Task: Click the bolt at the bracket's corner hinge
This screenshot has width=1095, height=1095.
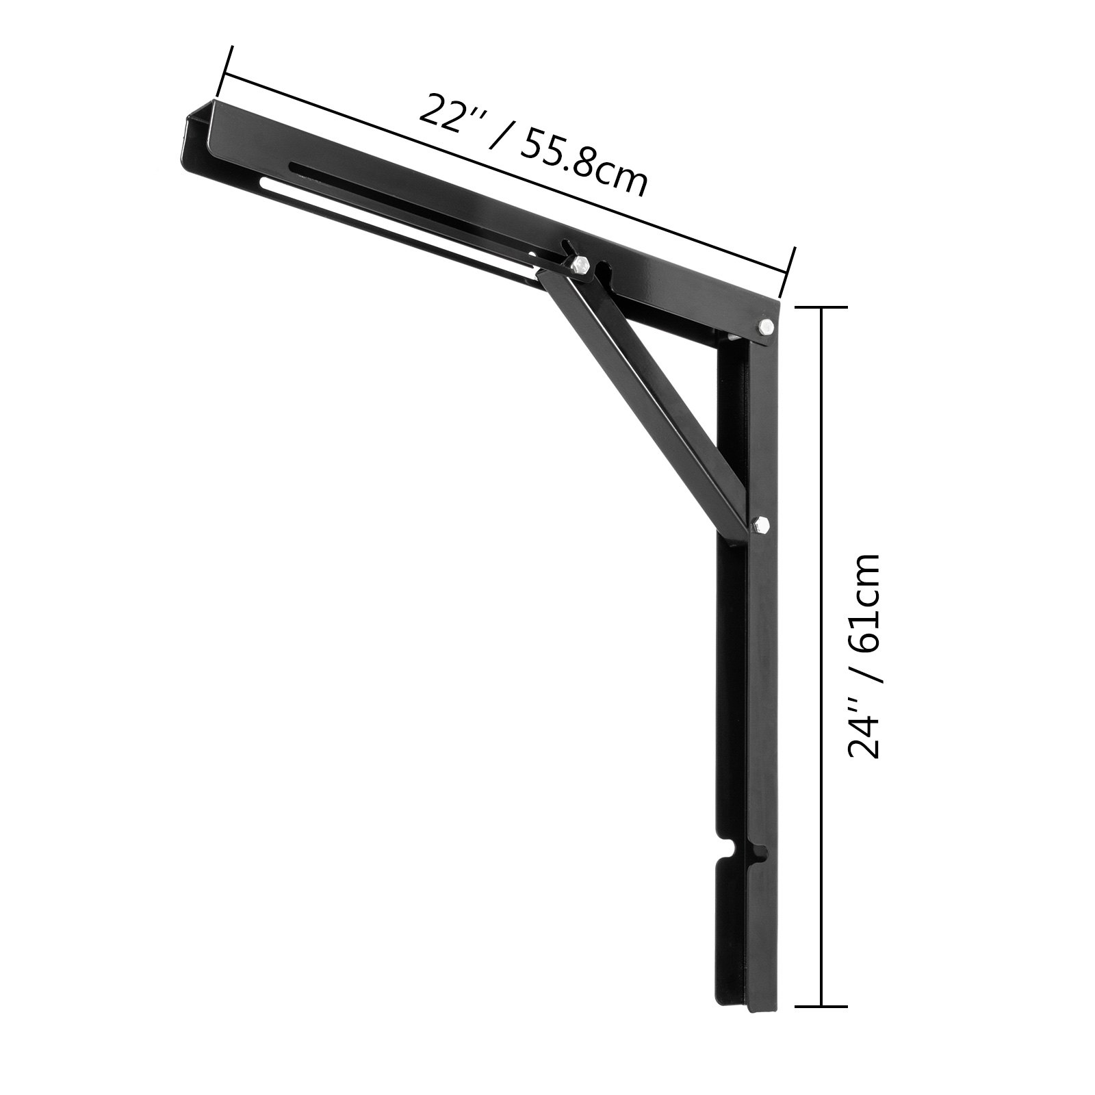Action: pos(766,326)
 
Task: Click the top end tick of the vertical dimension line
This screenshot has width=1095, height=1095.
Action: pos(821,309)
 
